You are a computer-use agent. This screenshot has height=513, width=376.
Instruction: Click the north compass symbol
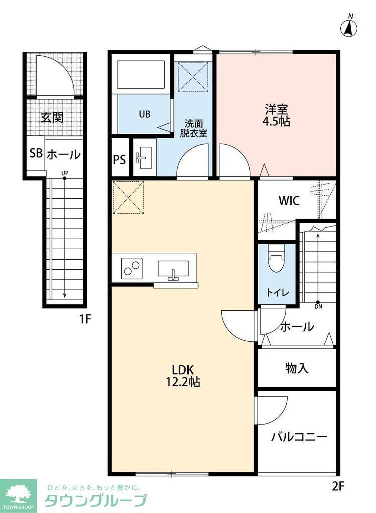tap(350, 28)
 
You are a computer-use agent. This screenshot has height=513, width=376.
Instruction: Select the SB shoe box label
tap(36, 154)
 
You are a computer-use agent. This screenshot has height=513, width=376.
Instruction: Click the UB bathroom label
tap(145, 114)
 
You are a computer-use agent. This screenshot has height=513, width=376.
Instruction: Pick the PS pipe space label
tap(119, 160)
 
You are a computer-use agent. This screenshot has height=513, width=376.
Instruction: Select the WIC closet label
tap(289, 201)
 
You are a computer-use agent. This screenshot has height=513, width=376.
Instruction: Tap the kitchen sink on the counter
tap(173, 270)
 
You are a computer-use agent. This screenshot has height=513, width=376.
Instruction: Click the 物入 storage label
tap(297, 369)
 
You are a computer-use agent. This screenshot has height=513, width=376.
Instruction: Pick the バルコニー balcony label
tap(299, 437)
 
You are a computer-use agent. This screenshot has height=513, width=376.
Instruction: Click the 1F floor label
tap(84, 319)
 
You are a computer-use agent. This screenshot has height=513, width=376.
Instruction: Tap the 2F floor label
tap(339, 485)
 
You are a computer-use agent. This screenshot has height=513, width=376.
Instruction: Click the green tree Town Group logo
tap(19, 494)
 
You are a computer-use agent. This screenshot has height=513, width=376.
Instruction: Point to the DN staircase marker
tap(318, 305)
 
